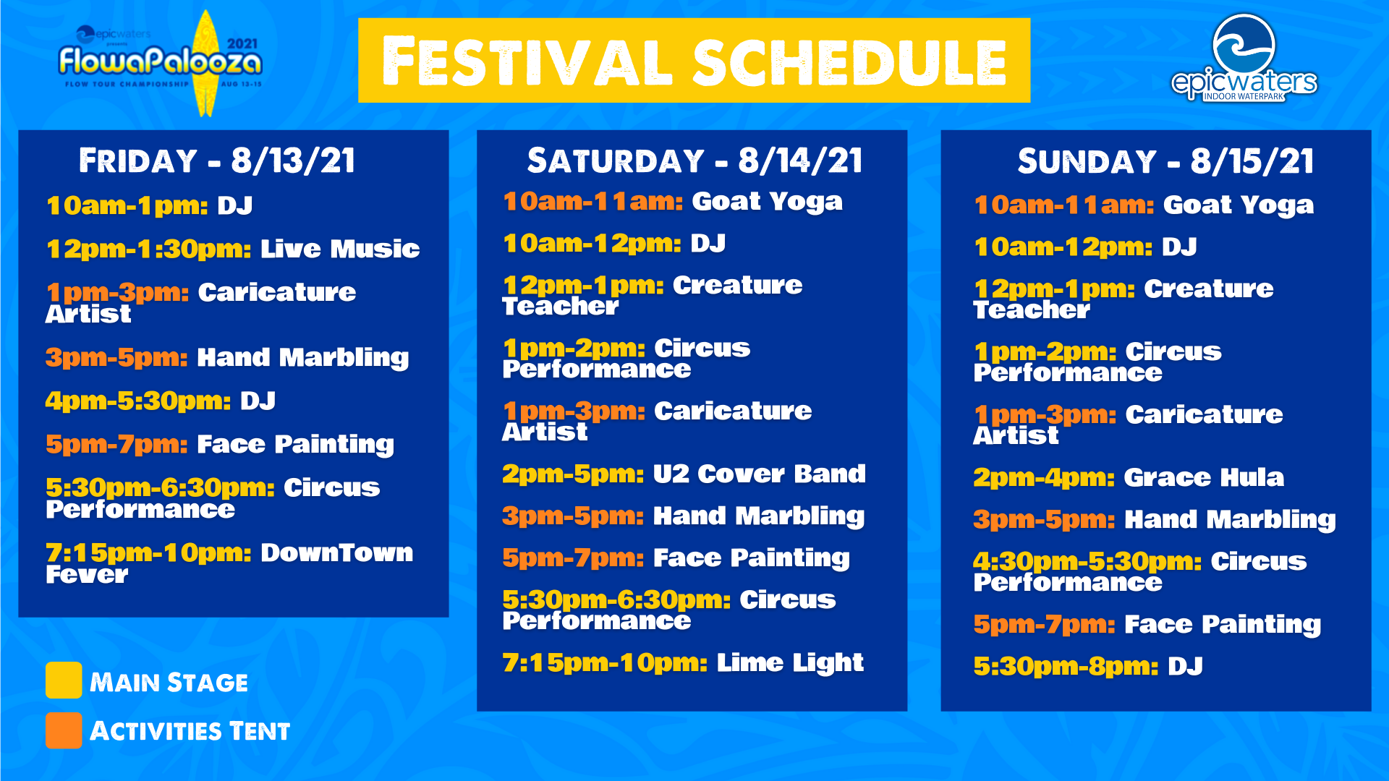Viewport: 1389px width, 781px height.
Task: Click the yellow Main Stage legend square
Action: [x=64, y=680]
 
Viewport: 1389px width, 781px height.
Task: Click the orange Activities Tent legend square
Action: [x=64, y=730]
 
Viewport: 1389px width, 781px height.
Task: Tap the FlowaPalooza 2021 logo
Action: [x=161, y=63]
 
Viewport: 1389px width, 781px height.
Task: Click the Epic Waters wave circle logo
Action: [x=1244, y=44]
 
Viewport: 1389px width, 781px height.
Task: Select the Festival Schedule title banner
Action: [x=694, y=60]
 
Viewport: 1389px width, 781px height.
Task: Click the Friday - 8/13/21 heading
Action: [x=217, y=161]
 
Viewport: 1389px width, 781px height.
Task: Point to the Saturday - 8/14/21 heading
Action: [x=694, y=161]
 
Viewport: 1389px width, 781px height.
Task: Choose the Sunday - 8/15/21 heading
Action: [x=1165, y=161]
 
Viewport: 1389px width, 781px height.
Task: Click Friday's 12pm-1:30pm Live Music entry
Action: [x=233, y=249]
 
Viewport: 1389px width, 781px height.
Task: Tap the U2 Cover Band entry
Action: [x=684, y=474]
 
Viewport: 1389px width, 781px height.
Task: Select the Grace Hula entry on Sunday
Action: [x=1129, y=477]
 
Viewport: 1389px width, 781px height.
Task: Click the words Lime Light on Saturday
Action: [x=790, y=662]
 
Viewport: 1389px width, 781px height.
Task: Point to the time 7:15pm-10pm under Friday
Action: [x=148, y=553]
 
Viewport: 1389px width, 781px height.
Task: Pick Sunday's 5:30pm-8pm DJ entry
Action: [x=1088, y=666]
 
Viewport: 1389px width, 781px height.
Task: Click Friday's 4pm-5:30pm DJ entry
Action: [x=161, y=401]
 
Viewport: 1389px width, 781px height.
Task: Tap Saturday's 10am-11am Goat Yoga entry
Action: [x=673, y=202]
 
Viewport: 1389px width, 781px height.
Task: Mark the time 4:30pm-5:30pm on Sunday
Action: [x=1087, y=561]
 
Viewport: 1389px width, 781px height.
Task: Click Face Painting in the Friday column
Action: [x=295, y=445]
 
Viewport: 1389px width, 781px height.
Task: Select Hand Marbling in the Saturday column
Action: [x=759, y=516]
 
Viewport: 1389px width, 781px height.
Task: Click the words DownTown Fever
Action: [x=229, y=563]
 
